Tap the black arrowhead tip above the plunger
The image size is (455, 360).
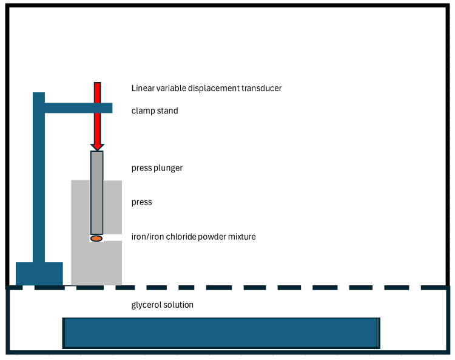coord(97,148)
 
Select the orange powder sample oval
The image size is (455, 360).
coord(96,239)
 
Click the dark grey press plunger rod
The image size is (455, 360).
coord(97,191)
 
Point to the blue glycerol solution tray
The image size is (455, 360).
coord(221,333)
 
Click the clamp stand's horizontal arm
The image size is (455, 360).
coord(78,108)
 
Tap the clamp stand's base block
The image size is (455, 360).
coord(39,273)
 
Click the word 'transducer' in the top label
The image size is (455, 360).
coord(260,88)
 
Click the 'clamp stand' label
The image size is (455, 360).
coord(155,111)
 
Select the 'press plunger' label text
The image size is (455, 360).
coord(157,168)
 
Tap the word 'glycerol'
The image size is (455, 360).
coord(146,305)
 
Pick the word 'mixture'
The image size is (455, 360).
coord(240,237)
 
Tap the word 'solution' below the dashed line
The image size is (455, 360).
coord(178,305)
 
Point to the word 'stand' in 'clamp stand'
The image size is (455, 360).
coord(167,111)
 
